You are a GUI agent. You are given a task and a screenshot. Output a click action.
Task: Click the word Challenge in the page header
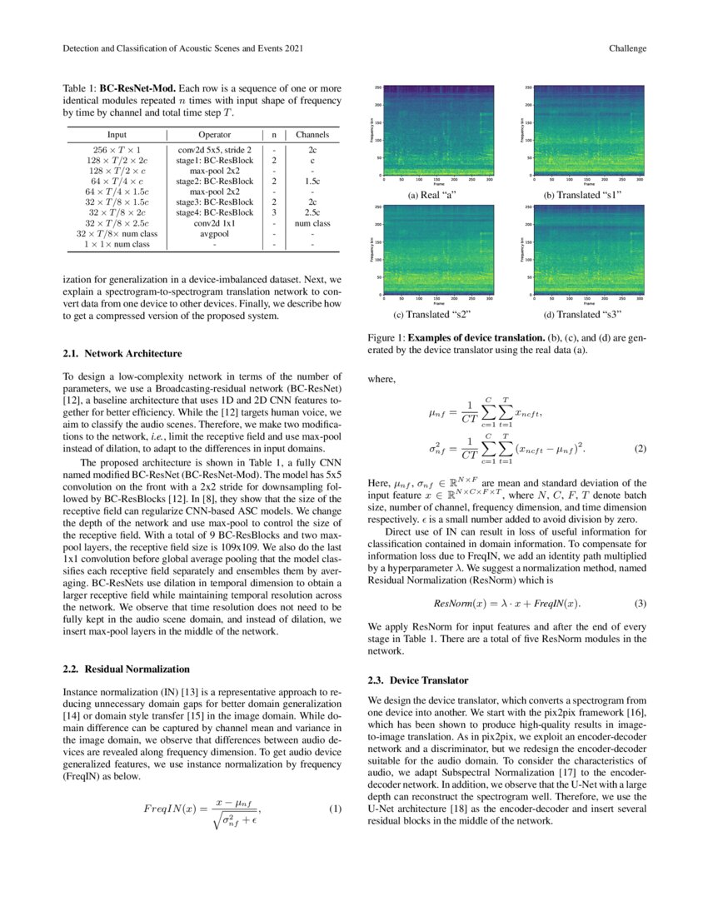pyautogui.click(x=627, y=48)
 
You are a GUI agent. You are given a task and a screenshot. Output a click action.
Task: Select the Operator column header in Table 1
pyautogui.click(x=214, y=134)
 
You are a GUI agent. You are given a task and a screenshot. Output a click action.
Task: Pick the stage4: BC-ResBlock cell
pyautogui.click(x=214, y=212)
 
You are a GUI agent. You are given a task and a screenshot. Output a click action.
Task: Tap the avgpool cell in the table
pyautogui.click(x=214, y=234)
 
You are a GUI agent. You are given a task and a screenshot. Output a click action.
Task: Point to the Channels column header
pyautogui.click(x=312, y=134)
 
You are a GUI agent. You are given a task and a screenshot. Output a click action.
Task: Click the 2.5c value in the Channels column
pyautogui.click(x=312, y=212)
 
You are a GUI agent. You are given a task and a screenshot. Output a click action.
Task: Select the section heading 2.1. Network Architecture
pyautogui.click(x=122, y=353)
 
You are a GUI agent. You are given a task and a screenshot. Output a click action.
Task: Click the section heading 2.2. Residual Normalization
pyautogui.click(x=127, y=669)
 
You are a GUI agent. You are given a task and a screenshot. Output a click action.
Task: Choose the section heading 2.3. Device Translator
pyautogui.click(x=423, y=681)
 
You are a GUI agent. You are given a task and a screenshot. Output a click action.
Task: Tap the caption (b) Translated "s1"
pyautogui.click(x=582, y=195)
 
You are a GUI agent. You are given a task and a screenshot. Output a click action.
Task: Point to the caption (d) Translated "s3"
pyautogui.click(x=582, y=315)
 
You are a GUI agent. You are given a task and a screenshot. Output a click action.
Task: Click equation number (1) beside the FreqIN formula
pyautogui.click(x=336, y=809)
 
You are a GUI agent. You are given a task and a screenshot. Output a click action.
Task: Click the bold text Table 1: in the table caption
pyautogui.click(x=80, y=87)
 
